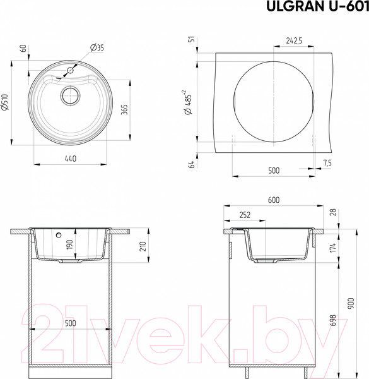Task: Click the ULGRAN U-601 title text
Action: (318, 6)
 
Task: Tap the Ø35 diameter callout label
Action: (97, 47)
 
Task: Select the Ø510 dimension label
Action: (5, 102)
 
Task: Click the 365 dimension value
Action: (124, 109)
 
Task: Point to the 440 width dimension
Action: (71, 159)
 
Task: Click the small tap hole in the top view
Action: (70, 70)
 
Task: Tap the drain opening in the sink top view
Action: (70, 95)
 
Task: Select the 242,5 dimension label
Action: (294, 40)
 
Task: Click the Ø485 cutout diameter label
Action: (188, 102)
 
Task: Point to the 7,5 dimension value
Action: (327, 163)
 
